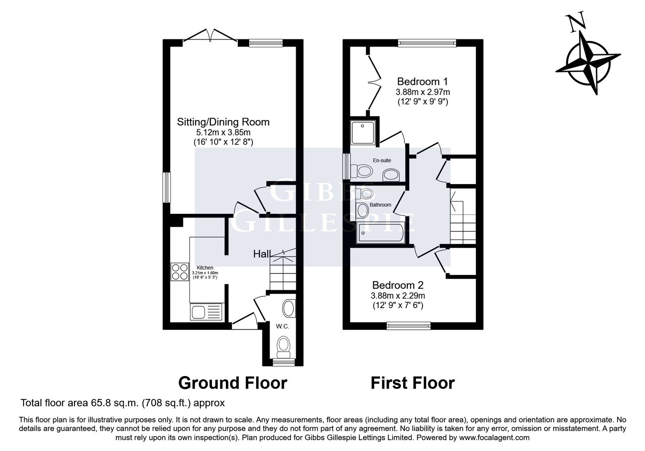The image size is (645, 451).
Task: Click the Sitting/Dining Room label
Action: [x=223, y=122]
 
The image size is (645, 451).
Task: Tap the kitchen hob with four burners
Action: [x=180, y=272]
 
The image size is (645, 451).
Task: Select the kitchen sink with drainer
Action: [x=206, y=312]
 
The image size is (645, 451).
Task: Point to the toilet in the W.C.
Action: [x=283, y=347]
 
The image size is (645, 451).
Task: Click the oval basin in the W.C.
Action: [x=289, y=308]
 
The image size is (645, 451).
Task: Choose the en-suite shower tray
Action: [x=363, y=133]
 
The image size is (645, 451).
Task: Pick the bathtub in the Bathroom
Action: [x=381, y=233]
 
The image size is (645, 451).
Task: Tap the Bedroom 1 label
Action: [x=422, y=81]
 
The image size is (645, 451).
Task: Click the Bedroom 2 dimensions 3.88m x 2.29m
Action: [x=397, y=296]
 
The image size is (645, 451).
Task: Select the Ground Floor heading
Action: [x=233, y=383]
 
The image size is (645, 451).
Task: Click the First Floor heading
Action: [x=413, y=383]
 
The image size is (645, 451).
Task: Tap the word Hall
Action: [x=262, y=254]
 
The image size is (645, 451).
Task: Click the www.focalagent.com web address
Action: [x=494, y=438]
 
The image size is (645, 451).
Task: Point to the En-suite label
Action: [x=382, y=161]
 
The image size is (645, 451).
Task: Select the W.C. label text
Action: [x=282, y=327]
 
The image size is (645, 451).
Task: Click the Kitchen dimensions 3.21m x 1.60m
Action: [x=205, y=273]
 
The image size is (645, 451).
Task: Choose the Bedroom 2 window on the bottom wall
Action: [x=409, y=326]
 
